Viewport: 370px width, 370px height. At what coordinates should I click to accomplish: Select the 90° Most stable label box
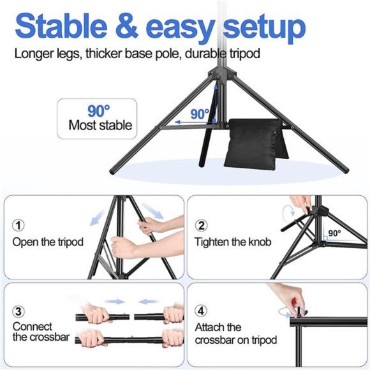(97, 119)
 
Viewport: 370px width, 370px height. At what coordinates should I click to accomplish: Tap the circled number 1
(19, 226)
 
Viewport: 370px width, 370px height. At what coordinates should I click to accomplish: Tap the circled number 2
(202, 226)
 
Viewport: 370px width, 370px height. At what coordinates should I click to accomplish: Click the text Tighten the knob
(233, 242)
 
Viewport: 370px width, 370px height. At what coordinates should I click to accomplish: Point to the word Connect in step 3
(33, 326)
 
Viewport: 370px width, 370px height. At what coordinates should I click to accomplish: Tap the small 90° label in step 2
(334, 233)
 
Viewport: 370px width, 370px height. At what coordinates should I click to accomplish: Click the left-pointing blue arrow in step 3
(148, 300)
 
